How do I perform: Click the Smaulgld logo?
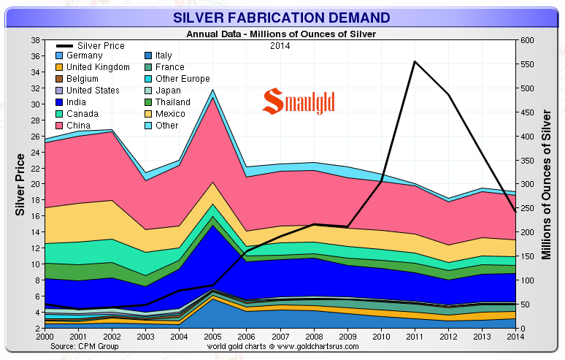coord(299,102)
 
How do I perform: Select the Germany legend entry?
coord(84,55)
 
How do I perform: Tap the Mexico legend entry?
coord(170,114)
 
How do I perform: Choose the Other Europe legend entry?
coord(182,79)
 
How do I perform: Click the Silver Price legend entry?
coord(101,46)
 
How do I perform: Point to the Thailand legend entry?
coord(173,102)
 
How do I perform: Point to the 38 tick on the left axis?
coord(34,40)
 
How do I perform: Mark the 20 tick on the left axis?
coord(34,184)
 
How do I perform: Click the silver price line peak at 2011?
coord(415,61)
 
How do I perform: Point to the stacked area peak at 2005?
coord(212,91)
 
